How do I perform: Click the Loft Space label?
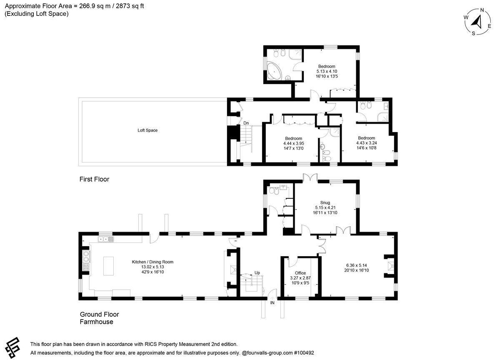(147, 130)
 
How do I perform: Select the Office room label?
(300, 273)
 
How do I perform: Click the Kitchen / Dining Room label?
(152, 262)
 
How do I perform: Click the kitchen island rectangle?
(108, 266)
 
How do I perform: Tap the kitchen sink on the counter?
(106, 240)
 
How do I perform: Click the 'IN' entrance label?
(272, 303)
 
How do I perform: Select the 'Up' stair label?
(257, 273)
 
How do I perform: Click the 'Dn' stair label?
(246, 123)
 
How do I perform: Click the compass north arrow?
(476, 22)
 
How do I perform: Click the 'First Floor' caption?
(94, 179)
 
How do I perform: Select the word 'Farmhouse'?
(96, 322)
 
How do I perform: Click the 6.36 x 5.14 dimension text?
(357, 265)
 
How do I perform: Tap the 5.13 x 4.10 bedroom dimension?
(327, 71)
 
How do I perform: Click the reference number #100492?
(304, 353)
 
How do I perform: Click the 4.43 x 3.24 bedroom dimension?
(366, 143)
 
